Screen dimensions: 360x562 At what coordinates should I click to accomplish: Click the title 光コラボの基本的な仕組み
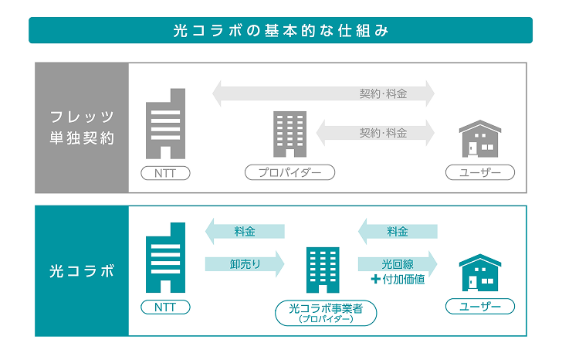(280, 32)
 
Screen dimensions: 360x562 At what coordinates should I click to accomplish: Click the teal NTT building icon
(165, 259)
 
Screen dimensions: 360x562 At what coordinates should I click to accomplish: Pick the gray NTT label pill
(165, 172)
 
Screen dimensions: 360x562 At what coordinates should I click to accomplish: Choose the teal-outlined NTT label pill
(165, 307)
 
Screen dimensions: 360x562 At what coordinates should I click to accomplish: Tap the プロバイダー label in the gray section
(289, 172)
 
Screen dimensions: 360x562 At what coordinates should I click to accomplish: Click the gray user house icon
(479, 139)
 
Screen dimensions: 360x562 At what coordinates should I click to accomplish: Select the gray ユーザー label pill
(479, 172)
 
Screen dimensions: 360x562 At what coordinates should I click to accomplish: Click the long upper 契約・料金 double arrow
(323, 94)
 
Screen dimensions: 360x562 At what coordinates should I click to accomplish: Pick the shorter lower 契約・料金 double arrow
(375, 132)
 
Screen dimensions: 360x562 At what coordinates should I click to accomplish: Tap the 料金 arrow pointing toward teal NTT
(245, 231)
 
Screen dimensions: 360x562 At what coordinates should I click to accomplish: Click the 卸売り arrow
(245, 264)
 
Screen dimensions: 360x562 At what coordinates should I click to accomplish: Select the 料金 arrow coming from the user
(398, 231)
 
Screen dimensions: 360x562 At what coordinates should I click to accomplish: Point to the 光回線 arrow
(398, 264)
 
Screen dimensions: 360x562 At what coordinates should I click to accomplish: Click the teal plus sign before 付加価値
(376, 280)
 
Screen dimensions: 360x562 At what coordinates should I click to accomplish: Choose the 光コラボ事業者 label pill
(327, 313)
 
